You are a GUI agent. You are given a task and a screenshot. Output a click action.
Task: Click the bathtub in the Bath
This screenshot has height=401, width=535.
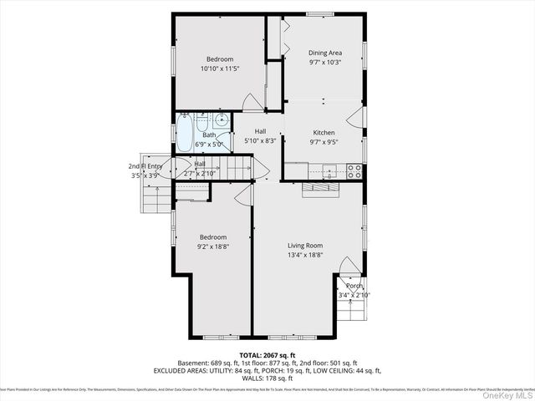[x=184, y=129]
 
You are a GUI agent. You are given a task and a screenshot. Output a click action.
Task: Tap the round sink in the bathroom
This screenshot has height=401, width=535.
[x=221, y=120]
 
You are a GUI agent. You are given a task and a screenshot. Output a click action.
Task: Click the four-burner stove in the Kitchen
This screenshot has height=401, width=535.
[x=354, y=171]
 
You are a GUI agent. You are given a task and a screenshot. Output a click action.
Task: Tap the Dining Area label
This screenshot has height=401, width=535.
[x=324, y=53]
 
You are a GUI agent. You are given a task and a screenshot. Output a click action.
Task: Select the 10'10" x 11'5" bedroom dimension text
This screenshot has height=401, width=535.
[x=220, y=69]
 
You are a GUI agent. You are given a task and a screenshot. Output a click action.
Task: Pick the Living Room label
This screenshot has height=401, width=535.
[x=305, y=246]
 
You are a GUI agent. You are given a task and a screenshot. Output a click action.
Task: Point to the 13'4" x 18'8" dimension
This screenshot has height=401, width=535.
[x=305, y=255]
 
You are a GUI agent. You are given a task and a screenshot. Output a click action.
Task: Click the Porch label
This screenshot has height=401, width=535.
[x=354, y=286]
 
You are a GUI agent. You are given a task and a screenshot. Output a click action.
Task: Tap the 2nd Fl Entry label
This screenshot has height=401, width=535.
[x=140, y=166]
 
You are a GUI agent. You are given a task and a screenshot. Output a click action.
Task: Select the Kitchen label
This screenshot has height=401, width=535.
[x=324, y=133]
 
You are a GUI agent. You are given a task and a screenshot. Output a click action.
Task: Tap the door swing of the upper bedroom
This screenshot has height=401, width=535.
[x=252, y=102]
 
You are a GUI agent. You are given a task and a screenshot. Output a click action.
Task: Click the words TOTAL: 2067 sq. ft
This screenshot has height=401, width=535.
[x=267, y=355]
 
